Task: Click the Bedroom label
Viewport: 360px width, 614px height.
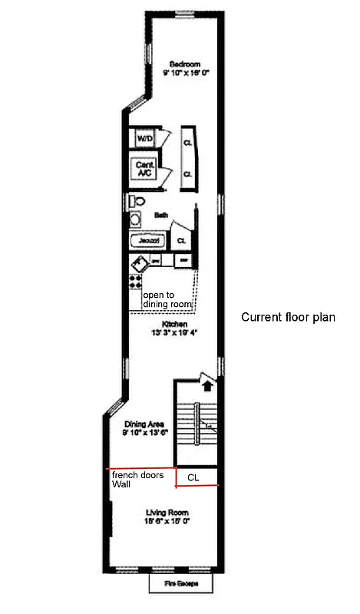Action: (185, 64)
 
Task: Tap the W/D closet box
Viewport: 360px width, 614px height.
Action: (144, 139)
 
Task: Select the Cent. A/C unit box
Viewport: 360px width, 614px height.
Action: (144, 170)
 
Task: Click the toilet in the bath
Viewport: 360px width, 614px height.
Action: (136, 200)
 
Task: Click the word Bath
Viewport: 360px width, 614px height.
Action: (160, 216)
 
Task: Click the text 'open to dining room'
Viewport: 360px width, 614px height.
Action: (167, 299)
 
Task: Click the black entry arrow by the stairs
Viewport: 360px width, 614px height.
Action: (206, 379)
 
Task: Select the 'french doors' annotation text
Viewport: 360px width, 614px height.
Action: (137, 476)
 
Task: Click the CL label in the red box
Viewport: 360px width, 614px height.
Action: (193, 477)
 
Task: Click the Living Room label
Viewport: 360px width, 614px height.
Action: (167, 512)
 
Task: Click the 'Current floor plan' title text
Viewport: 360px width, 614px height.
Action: (288, 317)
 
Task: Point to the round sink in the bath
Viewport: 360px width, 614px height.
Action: (135, 220)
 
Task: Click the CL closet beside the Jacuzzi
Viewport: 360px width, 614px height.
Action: (181, 240)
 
